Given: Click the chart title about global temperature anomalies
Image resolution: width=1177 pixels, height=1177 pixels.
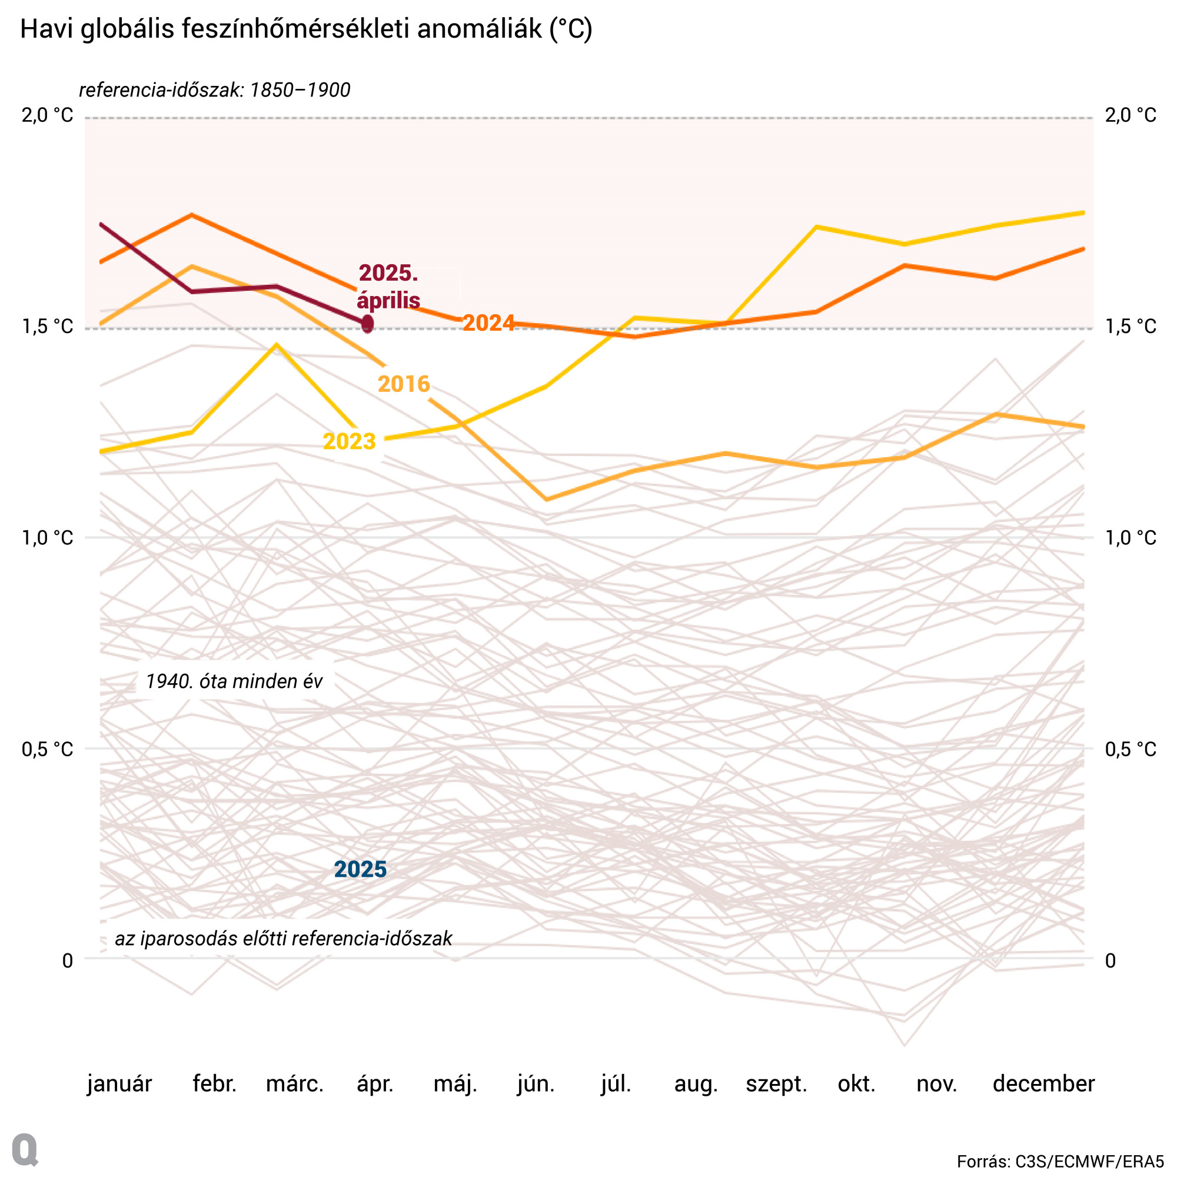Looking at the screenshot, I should pyautogui.click(x=306, y=29).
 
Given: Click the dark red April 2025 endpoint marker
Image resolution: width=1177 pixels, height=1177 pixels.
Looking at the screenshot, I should pyautogui.click(x=367, y=324).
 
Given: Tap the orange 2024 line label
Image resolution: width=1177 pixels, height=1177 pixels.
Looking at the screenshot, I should pyautogui.click(x=488, y=323).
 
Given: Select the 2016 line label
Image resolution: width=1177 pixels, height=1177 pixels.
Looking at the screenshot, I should pyautogui.click(x=404, y=384).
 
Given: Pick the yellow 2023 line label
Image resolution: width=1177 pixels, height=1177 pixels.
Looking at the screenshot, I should pyautogui.click(x=349, y=441).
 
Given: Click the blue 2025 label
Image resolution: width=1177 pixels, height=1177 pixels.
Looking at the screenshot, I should pyautogui.click(x=360, y=869).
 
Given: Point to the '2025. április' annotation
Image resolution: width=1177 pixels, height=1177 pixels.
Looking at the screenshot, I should pyautogui.click(x=388, y=287).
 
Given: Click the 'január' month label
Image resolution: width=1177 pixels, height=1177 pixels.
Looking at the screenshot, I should pyautogui.click(x=119, y=1084).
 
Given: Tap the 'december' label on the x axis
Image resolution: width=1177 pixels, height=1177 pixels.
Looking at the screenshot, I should pyautogui.click(x=1043, y=1084).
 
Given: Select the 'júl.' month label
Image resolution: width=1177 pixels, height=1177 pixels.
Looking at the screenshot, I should pyautogui.click(x=616, y=1084).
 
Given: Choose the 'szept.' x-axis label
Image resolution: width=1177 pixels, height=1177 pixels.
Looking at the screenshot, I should pyautogui.click(x=776, y=1084).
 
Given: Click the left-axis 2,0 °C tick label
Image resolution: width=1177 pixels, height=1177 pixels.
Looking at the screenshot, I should pyautogui.click(x=48, y=115).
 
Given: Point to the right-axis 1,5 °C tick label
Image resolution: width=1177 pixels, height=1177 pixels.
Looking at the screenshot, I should pyautogui.click(x=1130, y=327).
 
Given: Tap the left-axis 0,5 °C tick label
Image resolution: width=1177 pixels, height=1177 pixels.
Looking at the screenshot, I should pyautogui.click(x=48, y=749).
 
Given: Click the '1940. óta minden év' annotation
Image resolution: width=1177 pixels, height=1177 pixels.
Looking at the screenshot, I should pyautogui.click(x=234, y=681).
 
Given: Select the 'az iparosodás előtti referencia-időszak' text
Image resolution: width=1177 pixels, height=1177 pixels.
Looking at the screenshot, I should pyautogui.click(x=283, y=938).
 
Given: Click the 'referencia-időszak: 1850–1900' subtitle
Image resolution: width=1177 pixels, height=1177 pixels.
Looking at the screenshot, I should pyautogui.click(x=214, y=90).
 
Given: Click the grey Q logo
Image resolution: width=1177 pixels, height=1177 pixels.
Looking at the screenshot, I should pyautogui.click(x=25, y=1149).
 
